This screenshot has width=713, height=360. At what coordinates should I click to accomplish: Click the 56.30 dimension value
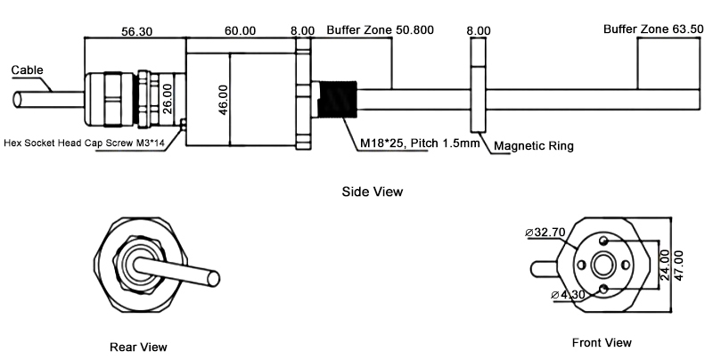135,30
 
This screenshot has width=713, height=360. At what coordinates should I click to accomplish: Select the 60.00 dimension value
241,30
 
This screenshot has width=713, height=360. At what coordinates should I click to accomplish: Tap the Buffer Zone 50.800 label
380,30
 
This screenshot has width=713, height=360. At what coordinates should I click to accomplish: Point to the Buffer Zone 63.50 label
654,29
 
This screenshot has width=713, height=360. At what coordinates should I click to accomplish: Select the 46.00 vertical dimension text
223,99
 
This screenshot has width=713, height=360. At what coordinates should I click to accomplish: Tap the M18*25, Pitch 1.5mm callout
420,143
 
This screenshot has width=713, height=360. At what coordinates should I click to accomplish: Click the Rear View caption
138,347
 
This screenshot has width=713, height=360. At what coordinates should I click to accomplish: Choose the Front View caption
602,342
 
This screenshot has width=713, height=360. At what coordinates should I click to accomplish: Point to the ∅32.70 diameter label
547,233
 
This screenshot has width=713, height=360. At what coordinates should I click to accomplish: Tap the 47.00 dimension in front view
679,266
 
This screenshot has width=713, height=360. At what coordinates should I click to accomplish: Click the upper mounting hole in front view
605,241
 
